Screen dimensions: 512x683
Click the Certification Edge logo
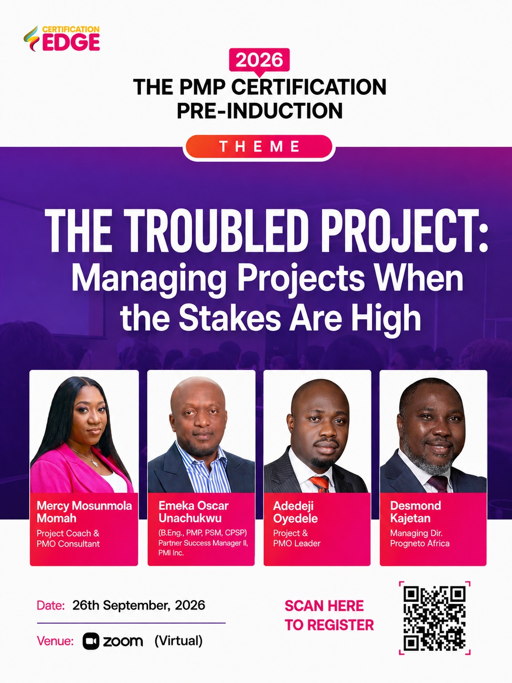pyautogui.click(x=62, y=38)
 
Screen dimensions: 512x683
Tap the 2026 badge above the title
pyautogui.click(x=259, y=60)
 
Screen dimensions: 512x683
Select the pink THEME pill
pyautogui.click(x=259, y=147)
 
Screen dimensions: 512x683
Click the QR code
pyautogui.click(x=434, y=617)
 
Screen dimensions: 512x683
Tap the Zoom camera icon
pyautogui.click(x=91, y=641)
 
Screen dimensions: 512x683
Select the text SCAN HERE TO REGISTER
pyautogui.click(x=329, y=615)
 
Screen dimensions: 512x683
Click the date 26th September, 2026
pyautogui.click(x=139, y=605)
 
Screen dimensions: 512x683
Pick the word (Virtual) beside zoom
pyautogui.click(x=178, y=641)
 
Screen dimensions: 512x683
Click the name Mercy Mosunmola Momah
pyautogui.click(x=84, y=512)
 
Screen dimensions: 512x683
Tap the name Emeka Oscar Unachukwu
pyautogui.click(x=193, y=512)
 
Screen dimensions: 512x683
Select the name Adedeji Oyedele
pyautogui.click(x=295, y=512)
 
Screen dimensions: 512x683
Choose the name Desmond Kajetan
pyautogui.click(x=415, y=512)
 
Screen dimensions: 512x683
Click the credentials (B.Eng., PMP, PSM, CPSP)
pyautogui.click(x=203, y=533)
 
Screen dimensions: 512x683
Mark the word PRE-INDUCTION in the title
pyautogui.click(x=260, y=110)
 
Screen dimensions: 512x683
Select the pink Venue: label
pyautogui.click(x=55, y=641)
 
